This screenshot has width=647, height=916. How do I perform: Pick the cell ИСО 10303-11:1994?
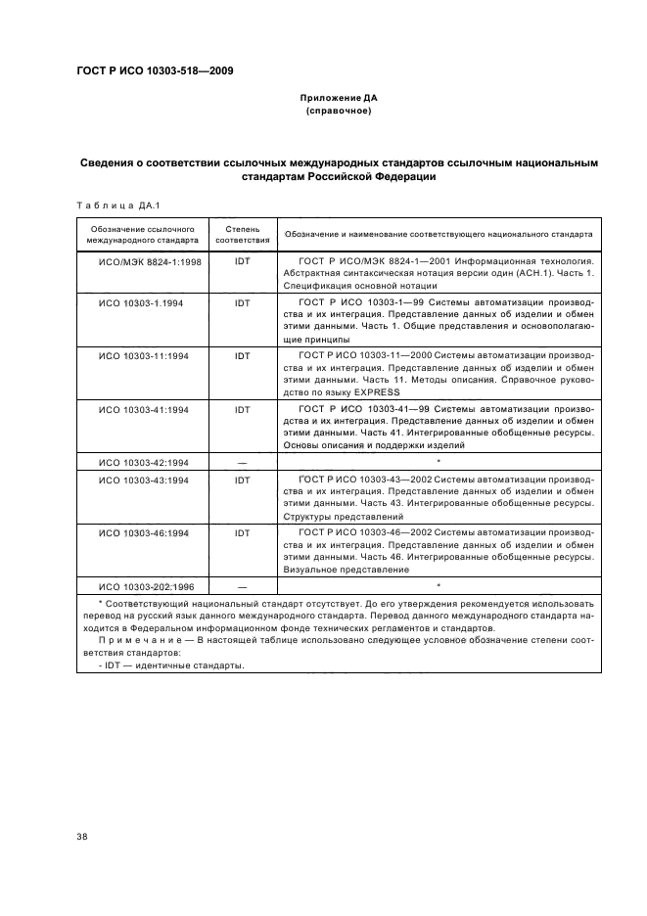145,355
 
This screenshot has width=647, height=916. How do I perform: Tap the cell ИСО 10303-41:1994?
145,408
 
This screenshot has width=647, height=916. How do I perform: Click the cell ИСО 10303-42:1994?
145,460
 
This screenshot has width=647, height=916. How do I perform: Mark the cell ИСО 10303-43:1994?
145,480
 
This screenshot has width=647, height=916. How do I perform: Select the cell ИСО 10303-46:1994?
145,532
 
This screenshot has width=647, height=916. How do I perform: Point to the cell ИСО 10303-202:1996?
148,585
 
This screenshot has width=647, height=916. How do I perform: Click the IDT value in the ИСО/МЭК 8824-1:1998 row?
242,262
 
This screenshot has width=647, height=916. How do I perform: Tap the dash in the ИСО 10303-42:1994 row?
242,460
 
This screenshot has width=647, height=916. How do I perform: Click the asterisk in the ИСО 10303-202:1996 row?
439,584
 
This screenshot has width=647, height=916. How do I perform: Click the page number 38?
81,835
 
